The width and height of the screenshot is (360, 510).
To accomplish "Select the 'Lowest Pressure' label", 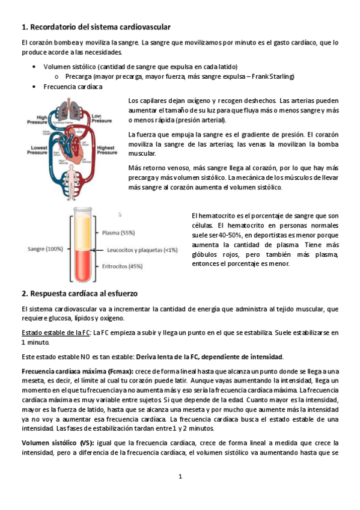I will [x=34, y=150].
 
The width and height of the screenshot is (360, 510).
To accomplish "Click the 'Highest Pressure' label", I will [x=107, y=150].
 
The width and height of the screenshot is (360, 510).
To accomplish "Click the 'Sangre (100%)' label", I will [x=45, y=248].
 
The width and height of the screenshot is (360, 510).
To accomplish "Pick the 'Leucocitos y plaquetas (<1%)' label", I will [x=142, y=250].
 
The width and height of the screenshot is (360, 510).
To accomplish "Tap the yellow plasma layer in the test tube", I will [x=82, y=232].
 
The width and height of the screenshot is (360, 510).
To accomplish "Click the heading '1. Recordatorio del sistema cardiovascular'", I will [x=96, y=27].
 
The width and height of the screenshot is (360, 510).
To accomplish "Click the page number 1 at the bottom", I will [x=180, y=476].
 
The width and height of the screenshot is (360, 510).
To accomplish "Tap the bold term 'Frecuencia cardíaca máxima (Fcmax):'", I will [x=78, y=371].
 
